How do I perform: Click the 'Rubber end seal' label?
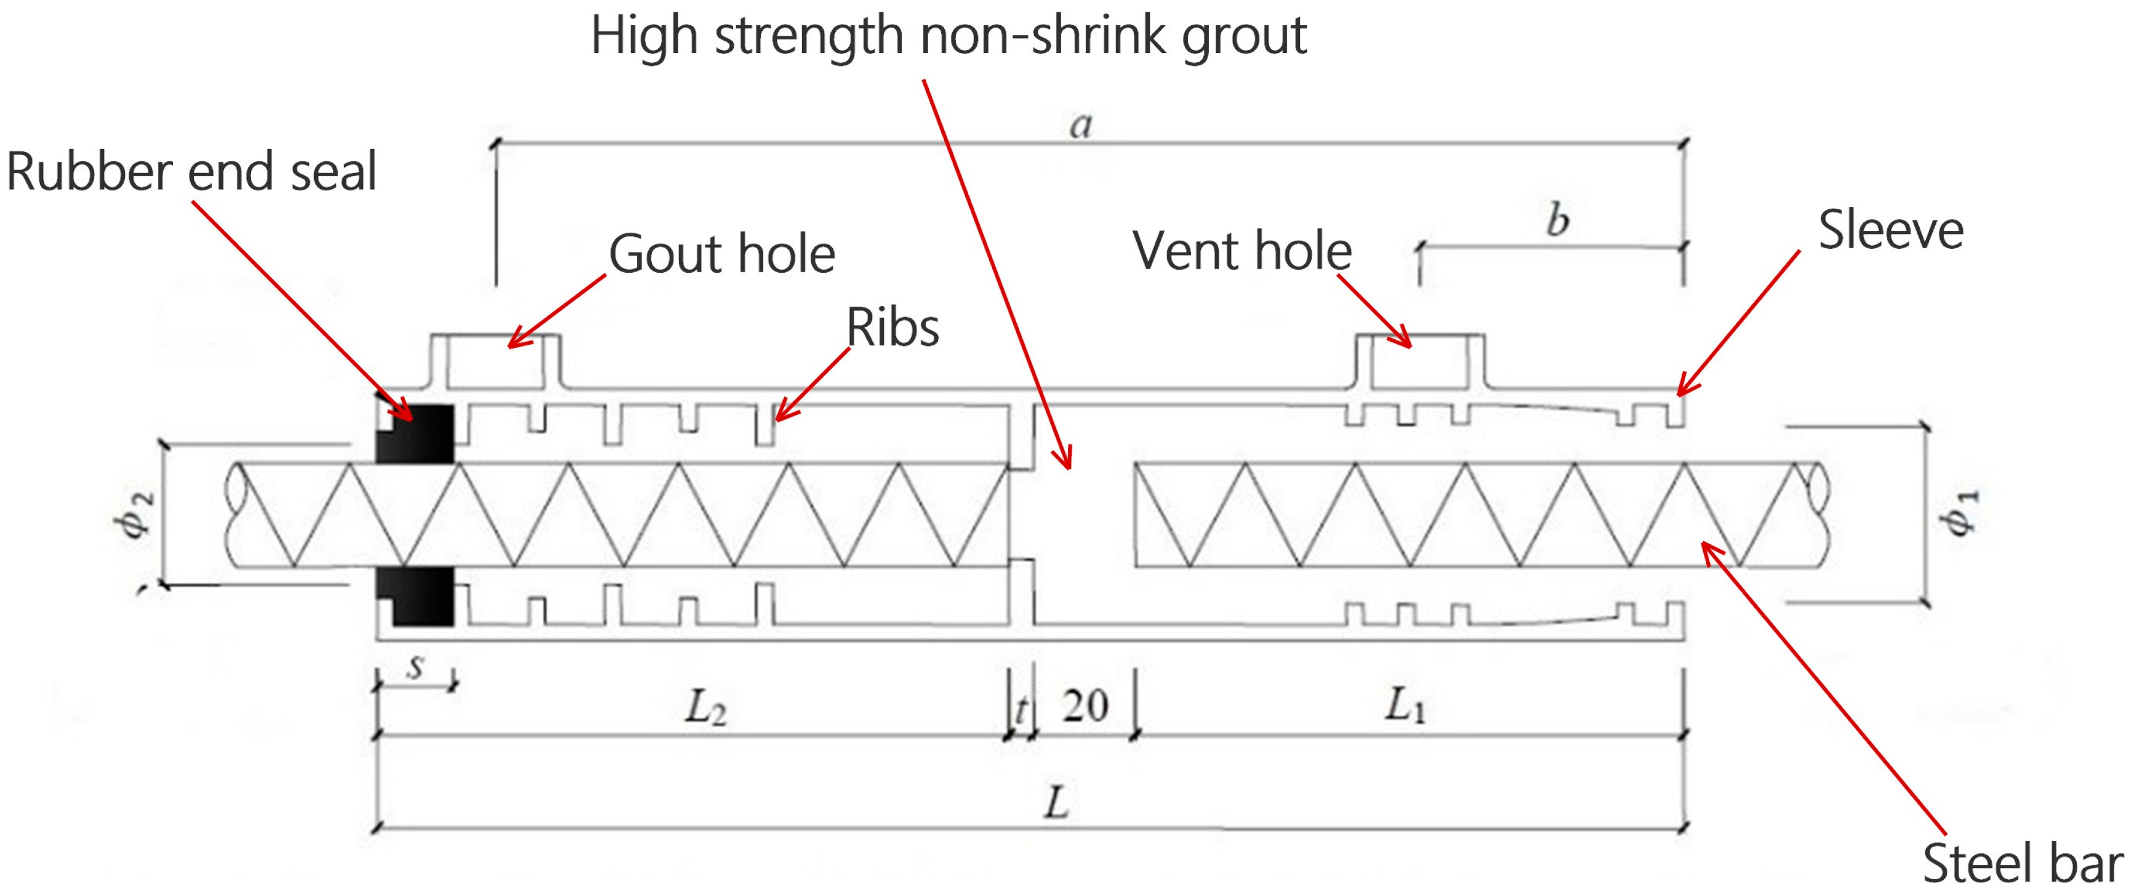tap(191, 172)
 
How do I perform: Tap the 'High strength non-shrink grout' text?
tap(949, 36)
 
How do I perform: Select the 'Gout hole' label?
tap(721, 254)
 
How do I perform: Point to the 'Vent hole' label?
tap(1241, 251)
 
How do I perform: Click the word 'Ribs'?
tap(893, 328)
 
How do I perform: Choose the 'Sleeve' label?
tap(1890, 230)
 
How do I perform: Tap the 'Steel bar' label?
tap(2022, 863)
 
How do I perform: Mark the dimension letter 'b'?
tap(1557, 220)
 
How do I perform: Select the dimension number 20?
tap(1085, 707)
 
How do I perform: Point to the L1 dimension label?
tap(1406, 707)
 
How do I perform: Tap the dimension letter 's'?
tap(416, 666)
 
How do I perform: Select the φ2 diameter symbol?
tap(135, 515)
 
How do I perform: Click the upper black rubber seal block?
tap(417, 433)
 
